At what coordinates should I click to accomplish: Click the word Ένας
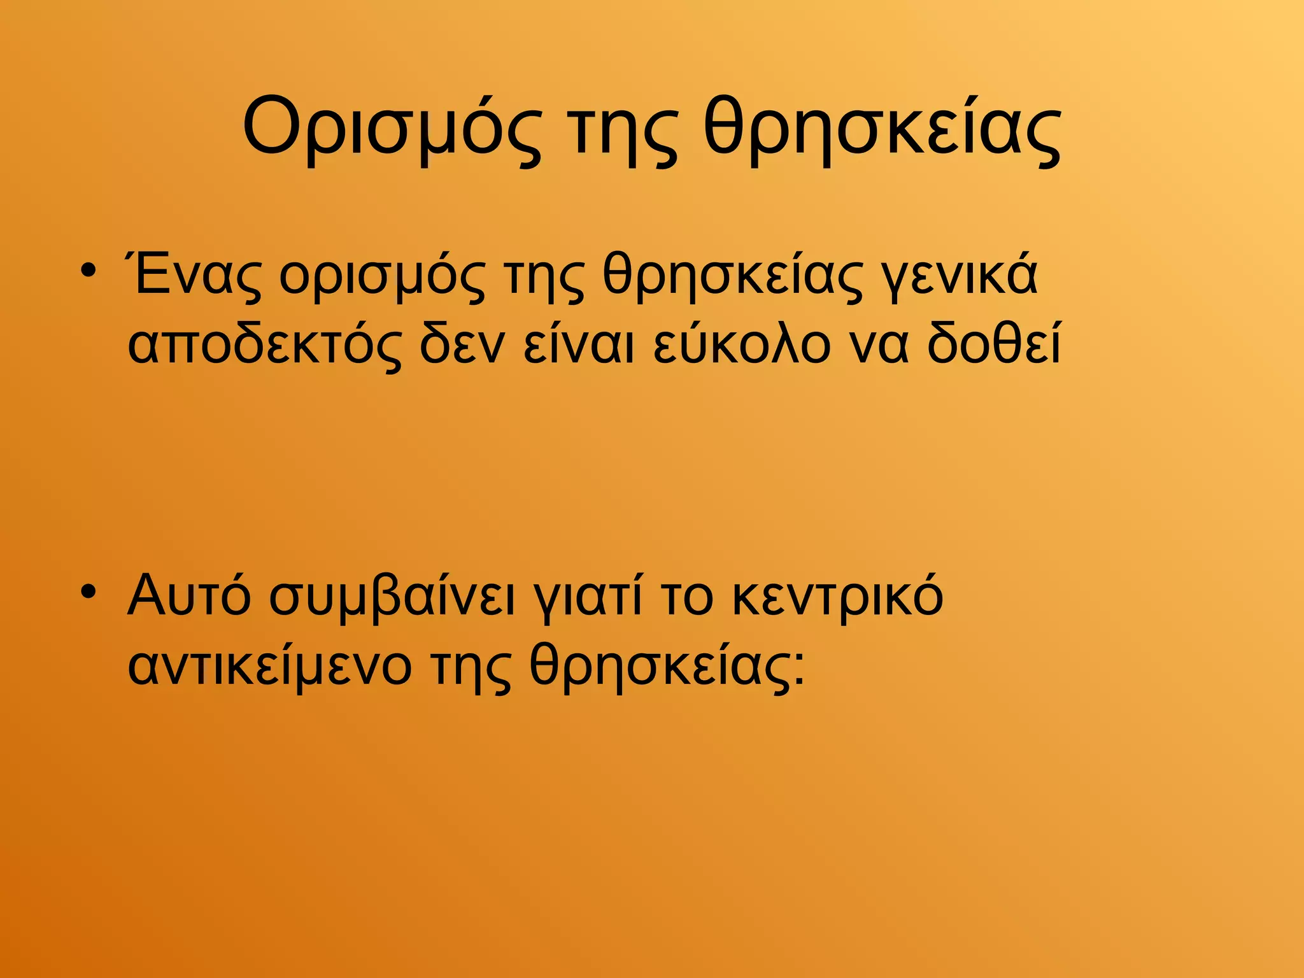coord(194,275)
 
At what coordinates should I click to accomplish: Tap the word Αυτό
coord(189,595)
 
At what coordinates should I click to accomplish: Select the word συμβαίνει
coord(391,599)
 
